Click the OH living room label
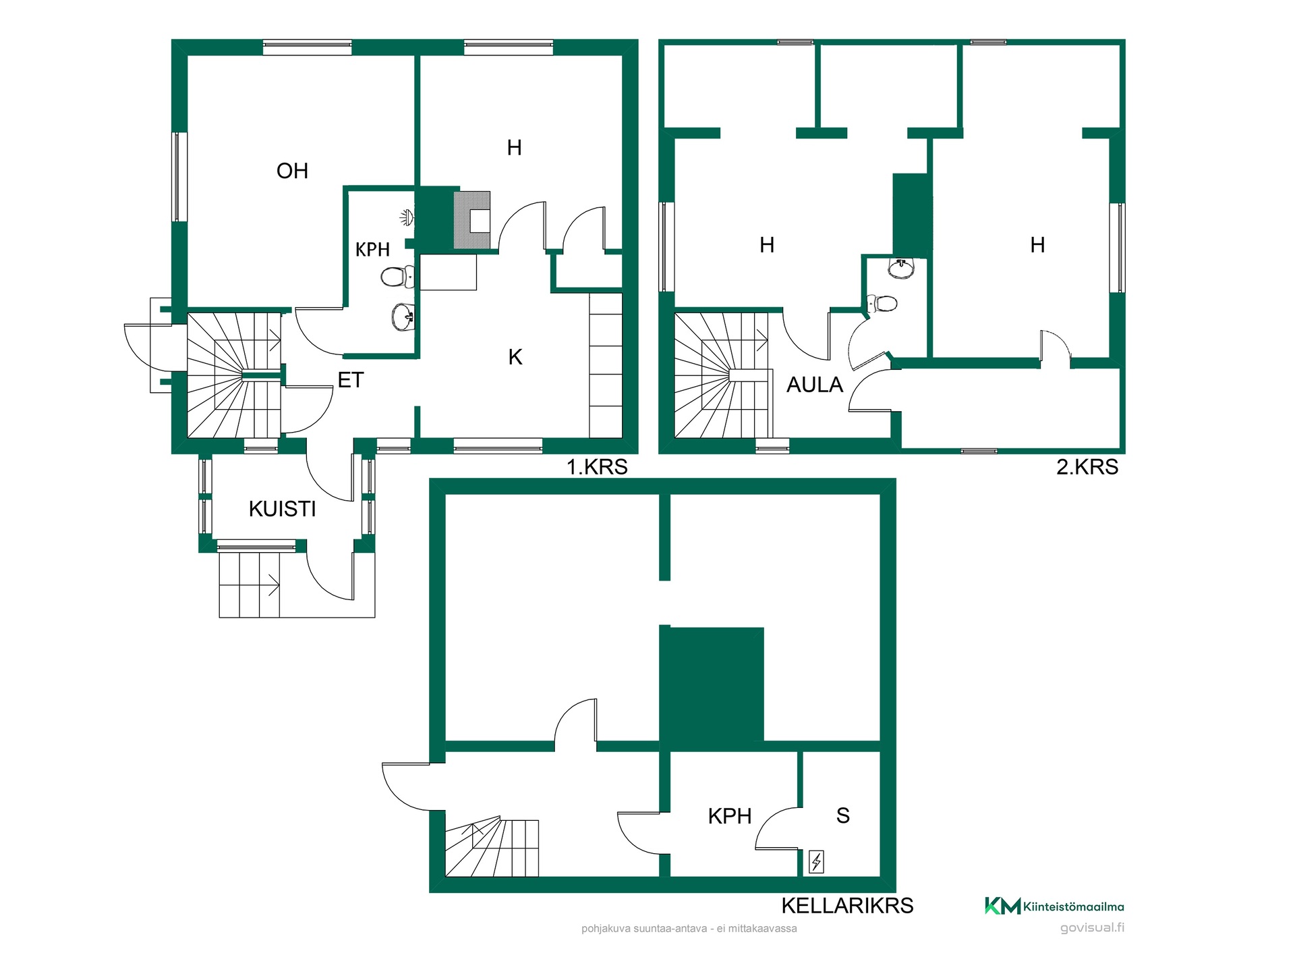(292, 171)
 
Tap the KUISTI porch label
(282, 509)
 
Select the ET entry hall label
(351, 380)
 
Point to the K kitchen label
(515, 357)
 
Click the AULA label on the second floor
(815, 385)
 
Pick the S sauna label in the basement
(843, 815)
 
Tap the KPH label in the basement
(730, 816)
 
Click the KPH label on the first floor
(372, 250)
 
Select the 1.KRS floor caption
(597, 466)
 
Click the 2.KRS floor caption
(1087, 466)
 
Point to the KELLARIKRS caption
(847, 905)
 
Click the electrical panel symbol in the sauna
(816, 862)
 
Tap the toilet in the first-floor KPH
(397, 276)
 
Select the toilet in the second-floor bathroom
(882, 304)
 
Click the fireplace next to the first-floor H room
(472, 220)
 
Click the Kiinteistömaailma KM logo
(1054, 907)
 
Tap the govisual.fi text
(1092, 927)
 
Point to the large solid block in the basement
(712, 684)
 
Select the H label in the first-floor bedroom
(514, 148)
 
